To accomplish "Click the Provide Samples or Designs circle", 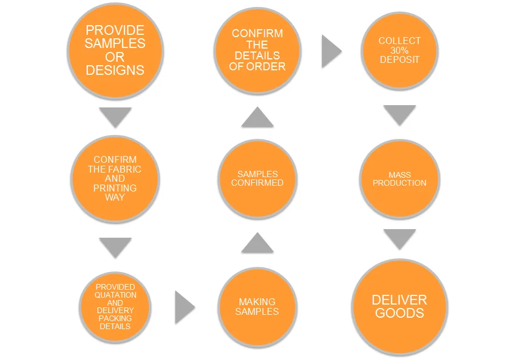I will [x=115, y=51].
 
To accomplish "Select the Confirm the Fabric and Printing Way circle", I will [x=115, y=178].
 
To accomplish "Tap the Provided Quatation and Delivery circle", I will [x=115, y=307].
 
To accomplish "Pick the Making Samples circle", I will [x=257, y=307].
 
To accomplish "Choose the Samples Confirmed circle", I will [x=257, y=178].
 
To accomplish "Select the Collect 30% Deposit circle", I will [x=399, y=51].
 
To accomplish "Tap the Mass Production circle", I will [x=399, y=179].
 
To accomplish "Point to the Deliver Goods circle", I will [x=399, y=307].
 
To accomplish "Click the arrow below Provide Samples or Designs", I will [x=115, y=116].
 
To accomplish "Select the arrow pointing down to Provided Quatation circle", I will [x=115, y=246].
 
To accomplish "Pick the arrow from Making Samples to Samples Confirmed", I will [x=257, y=244].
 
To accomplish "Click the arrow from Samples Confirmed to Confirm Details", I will [x=257, y=118].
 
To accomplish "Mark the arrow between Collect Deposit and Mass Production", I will [x=399, y=114].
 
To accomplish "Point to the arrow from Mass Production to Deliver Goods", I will [x=399, y=238].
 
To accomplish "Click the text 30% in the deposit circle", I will [x=400, y=51].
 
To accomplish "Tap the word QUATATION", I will [x=116, y=295].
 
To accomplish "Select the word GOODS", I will [x=400, y=313].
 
